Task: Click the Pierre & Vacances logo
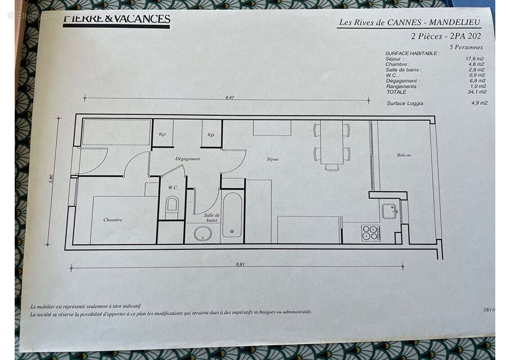pyautogui.click(x=116, y=20)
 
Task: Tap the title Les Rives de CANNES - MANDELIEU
pyautogui.click(x=409, y=22)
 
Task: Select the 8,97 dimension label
pyautogui.click(x=230, y=97)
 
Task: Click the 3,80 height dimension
pyautogui.click(x=51, y=179)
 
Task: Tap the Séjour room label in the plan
pyautogui.click(x=273, y=159)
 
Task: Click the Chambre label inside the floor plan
pyautogui.click(x=113, y=220)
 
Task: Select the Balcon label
pyautogui.click(x=404, y=155)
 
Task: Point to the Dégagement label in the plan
pyautogui.click(x=187, y=159)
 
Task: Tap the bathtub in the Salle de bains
pyautogui.click(x=232, y=215)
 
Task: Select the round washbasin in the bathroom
pyautogui.click(x=203, y=233)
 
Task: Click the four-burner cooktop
pyautogui.click(x=370, y=233)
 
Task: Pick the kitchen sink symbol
pyautogui.click(x=389, y=211)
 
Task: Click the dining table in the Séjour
pyautogui.click(x=332, y=143)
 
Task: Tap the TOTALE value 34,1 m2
pyautogui.click(x=477, y=92)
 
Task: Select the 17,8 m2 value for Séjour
pyautogui.click(x=477, y=59)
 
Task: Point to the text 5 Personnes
pyautogui.click(x=466, y=47)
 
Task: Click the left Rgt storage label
pyautogui.click(x=162, y=134)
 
